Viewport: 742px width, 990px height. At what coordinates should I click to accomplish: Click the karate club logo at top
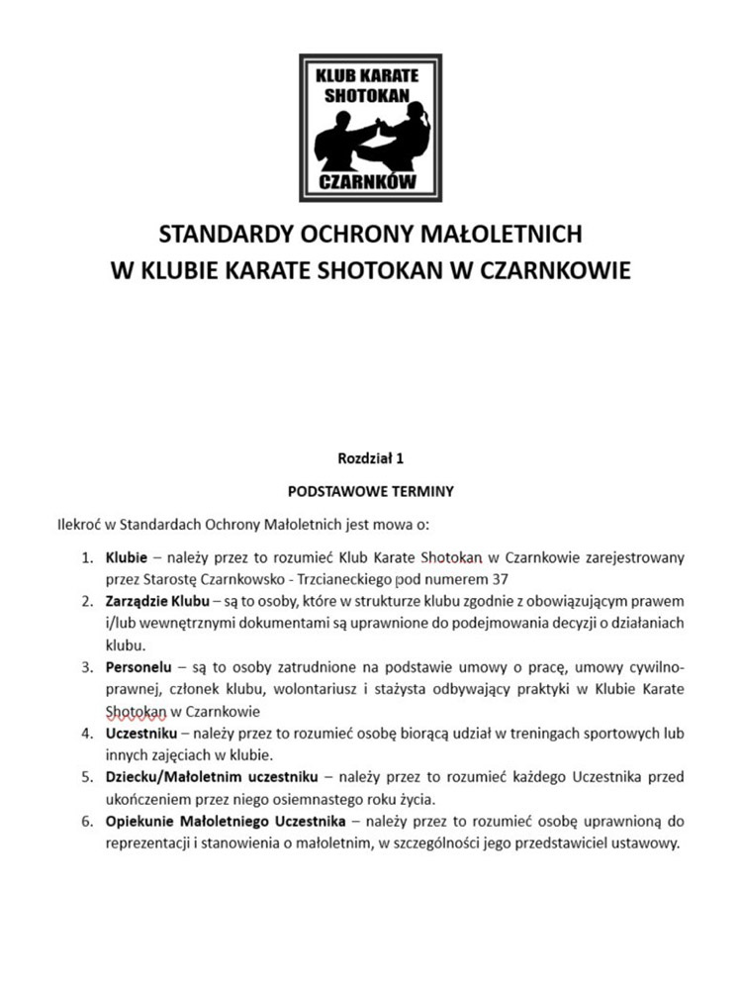coord(371,126)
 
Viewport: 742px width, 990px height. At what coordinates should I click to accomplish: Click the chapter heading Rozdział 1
coord(371,458)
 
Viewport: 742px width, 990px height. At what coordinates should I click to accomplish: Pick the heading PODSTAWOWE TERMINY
coord(371,490)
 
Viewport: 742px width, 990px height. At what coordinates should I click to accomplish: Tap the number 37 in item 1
coord(507,579)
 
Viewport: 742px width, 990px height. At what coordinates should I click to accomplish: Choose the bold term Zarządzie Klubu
coord(157,601)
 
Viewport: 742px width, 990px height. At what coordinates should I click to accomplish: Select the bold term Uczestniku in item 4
coord(141,734)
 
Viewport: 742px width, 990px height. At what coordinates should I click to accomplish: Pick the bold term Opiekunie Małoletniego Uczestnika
coord(225,821)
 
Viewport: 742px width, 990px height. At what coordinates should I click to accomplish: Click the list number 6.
coord(87,821)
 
